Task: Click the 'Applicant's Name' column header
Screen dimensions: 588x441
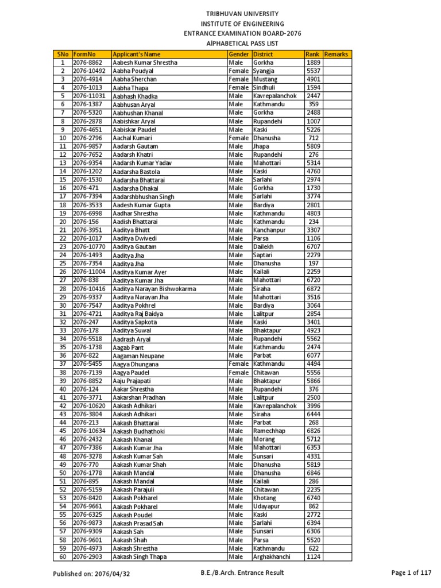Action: coord(137,54)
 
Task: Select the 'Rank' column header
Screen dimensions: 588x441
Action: coord(312,54)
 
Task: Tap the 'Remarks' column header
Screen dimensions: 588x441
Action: coord(336,54)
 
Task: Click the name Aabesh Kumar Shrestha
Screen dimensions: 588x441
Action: coord(145,63)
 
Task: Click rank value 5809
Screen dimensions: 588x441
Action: coord(313,146)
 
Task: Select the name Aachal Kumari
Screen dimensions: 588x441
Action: coord(132,138)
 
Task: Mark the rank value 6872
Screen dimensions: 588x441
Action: coord(313,289)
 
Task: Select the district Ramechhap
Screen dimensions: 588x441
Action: coord(268,431)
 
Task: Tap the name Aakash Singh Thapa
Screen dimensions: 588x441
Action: coord(140,557)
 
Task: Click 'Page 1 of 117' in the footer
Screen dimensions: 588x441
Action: coord(411,572)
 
